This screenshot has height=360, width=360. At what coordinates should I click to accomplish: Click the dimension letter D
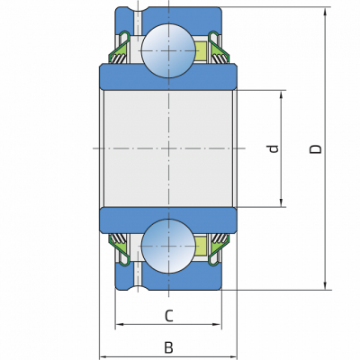click(316, 149)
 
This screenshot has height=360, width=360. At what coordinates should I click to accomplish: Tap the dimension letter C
click(169, 316)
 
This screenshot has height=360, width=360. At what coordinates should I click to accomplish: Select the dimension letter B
click(168, 347)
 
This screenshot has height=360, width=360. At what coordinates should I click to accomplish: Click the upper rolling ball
click(168, 50)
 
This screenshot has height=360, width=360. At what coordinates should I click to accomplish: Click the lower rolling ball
click(168, 247)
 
